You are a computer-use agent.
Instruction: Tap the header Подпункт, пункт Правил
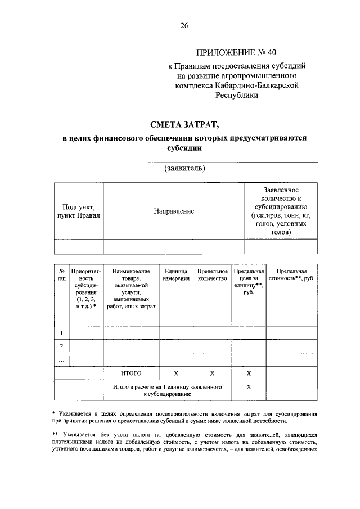(78, 211)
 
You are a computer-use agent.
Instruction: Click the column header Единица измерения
(175, 275)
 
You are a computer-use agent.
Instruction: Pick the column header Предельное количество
(212, 275)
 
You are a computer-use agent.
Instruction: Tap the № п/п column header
(61, 275)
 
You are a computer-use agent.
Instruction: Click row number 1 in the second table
(61, 333)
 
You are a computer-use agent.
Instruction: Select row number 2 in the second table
(61, 346)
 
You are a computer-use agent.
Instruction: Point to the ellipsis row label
(61, 359)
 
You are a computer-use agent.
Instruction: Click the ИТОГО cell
(130, 373)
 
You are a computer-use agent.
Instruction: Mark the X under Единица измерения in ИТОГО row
(175, 373)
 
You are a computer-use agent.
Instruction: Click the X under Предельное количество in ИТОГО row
(212, 373)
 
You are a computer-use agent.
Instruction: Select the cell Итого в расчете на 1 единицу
(167, 391)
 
